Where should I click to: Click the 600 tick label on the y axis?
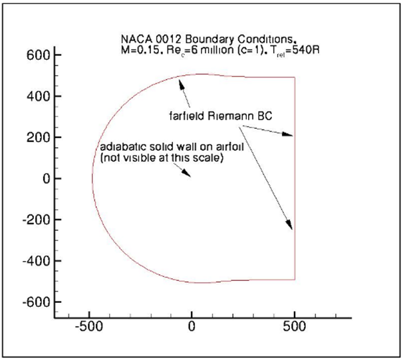click(x=38, y=55)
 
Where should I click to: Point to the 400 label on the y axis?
click(x=38, y=96)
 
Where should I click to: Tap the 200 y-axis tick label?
click(x=38, y=137)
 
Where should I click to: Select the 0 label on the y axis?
click(x=47, y=179)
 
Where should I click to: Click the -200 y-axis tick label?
click(x=36, y=220)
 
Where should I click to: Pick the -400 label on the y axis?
click(x=36, y=261)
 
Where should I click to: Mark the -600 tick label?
click(x=36, y=302)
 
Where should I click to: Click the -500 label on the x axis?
click(x=89, y=326)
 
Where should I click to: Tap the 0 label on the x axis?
click(x=192, y=326)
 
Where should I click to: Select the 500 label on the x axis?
click(x=295, y=326)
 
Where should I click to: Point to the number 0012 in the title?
click(x=169, y=39)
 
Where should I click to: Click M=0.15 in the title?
click(x=141, y=50)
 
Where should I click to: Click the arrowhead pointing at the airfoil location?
click(x=186, y=173)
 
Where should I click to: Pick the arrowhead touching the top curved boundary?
click(x=181, y=84)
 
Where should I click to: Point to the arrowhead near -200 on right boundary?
click(x=289, y=225)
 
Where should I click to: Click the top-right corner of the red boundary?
click(x=295, y=77)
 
